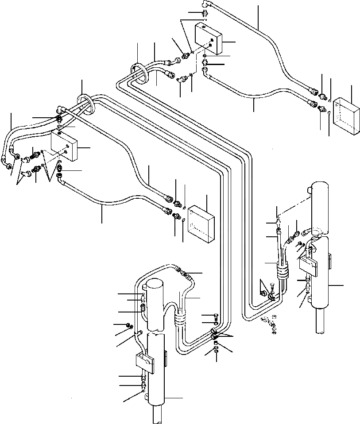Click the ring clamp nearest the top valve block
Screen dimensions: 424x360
[139, 73]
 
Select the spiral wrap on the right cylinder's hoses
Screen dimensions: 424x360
[282, 270]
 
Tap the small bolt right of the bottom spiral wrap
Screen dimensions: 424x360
[215, 315]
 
